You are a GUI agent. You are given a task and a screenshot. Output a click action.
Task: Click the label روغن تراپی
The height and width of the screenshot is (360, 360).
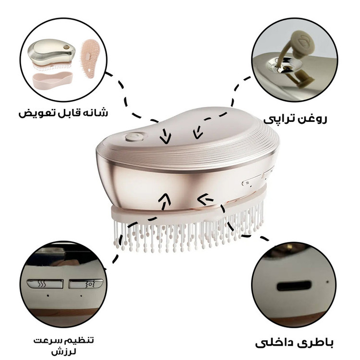(x=295, y=119)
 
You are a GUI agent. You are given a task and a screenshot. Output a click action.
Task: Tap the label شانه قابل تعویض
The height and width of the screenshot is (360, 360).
(x=63, y=113)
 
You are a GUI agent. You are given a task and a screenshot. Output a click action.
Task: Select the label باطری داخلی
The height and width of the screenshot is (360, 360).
(x=294, y=343)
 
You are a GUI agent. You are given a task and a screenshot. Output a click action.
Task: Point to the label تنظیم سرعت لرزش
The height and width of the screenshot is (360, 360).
(x=63, y=346)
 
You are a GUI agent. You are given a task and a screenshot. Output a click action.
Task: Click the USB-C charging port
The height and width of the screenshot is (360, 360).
(x=294, y=286)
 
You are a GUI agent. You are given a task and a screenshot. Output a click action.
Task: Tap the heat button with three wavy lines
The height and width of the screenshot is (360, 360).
(x=45, y=284)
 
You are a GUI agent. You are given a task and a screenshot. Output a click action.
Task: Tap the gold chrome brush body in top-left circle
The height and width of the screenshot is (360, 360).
(x=51, y=52)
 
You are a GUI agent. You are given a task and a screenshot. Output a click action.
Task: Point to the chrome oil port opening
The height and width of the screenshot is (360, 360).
(x=283, y=65)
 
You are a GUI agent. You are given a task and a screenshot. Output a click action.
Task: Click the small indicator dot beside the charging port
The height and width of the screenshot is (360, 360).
(x=327, y=282)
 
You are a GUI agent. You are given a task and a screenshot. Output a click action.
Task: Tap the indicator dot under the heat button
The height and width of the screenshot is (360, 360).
(x=48, y=296)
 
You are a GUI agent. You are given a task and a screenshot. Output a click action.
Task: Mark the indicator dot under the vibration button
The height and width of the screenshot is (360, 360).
(x=81, y=296)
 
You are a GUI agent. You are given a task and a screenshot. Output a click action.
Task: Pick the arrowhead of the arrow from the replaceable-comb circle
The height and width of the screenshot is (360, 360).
(x=166, y=139)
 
